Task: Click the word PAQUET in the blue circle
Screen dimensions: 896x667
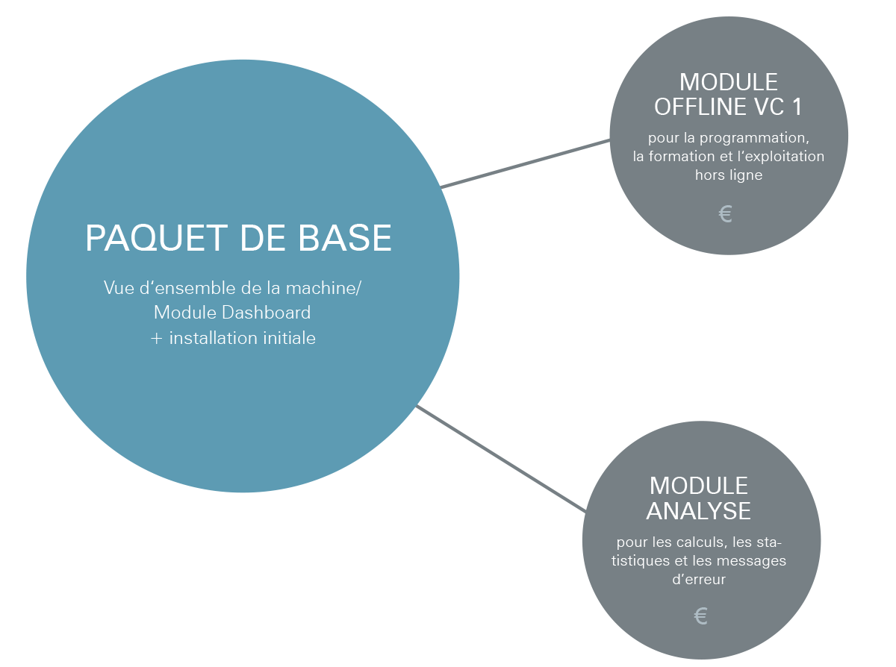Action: tap(156, 239)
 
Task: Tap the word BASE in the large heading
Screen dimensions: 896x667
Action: tap(344, 238)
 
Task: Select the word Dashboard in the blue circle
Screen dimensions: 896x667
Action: tap(267, 313)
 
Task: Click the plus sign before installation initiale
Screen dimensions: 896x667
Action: tap(156, 338)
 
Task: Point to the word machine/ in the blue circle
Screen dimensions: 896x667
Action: tap(323, 288)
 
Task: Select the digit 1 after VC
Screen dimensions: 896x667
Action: tap(797, 107)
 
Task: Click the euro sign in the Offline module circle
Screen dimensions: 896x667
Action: tap(725, 214)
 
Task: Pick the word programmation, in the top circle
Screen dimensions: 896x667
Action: tap(754, 139)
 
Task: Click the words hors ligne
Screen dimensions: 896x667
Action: tap(728, 175)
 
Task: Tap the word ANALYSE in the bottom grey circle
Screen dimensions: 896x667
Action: tap(698, 511)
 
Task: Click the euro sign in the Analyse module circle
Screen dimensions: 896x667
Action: tap(701, 616)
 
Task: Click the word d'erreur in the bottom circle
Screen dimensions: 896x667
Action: tap(699, 580)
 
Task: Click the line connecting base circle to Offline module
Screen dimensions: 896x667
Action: tap(525, 164)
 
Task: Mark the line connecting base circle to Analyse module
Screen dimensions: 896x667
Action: tap(501, 459)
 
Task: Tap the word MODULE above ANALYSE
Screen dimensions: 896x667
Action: tap(698, 486)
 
